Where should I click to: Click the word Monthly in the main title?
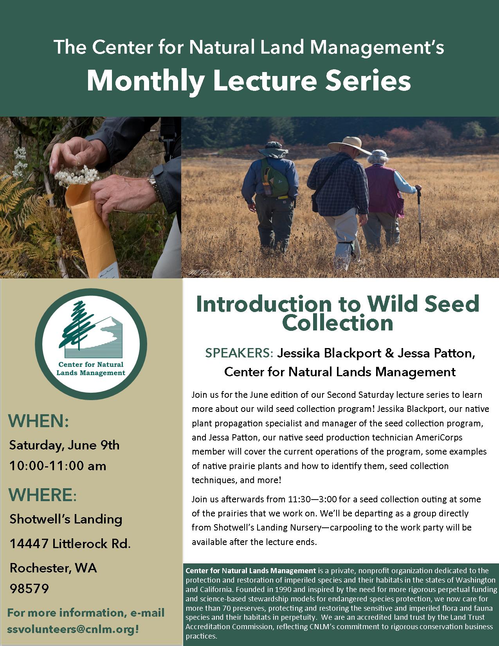pyautogui.click(x=145, y=81)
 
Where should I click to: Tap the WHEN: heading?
pyautogui.click(x=39, y=421)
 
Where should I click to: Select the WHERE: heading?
pyautogui.click(x=43, y=495)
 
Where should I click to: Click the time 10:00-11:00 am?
pyautogui.click(x=58, y=466)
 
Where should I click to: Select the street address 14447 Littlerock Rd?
pyautogui.click(x=70, y=543)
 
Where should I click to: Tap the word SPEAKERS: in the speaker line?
pyautogui.click(x=239, y=353)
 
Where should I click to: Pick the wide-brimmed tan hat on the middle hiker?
pyautogui.click(x=349, y=146)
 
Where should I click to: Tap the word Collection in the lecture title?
pyautogui.click(x=338, y=323)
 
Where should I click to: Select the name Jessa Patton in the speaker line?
pyautogui.click(x=436, y=353)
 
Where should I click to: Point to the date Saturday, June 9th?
pyautogui.click(x=64, y=445)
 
